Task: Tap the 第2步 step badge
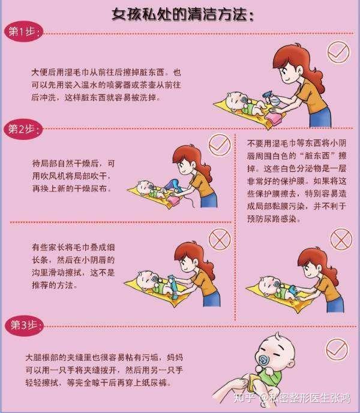click(23, 129)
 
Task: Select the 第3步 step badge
click(24, 325)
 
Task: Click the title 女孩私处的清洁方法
click(182, 14)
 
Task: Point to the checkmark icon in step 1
click(338, 52)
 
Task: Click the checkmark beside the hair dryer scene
click(220, 145)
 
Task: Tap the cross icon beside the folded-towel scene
click(220, 239)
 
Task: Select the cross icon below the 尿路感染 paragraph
click(341, 239)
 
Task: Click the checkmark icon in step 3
click(337, 349)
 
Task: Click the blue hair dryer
click(172, 185)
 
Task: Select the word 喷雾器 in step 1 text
click(119, 85)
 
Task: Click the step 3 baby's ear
click(291, 365)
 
